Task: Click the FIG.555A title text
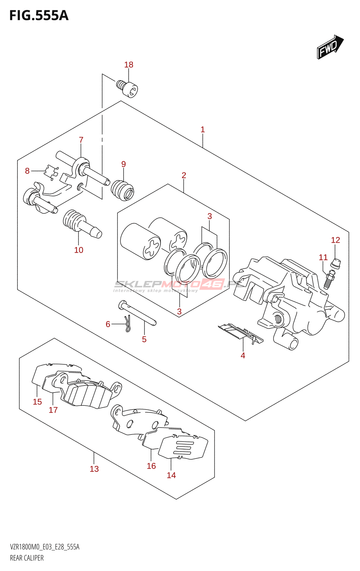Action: (x=39, y=16)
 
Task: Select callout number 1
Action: (x=202, y=130)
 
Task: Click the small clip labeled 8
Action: (x=51, y=172)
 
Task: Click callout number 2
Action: (x=184, y=175)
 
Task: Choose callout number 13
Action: (x=94, y=469)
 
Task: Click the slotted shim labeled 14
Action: (x=183, y=448)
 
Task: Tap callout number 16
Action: (x=151, y=466)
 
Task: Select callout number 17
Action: (x=53, y=410)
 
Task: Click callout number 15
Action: (x=37, y=402)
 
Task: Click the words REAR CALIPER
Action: (x=27, y=558)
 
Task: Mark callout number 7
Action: (x=81, y=140)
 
